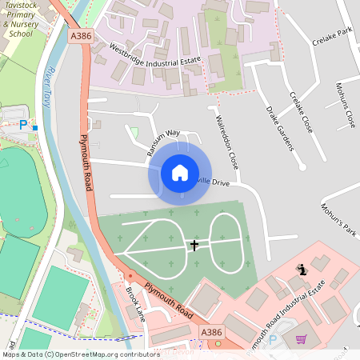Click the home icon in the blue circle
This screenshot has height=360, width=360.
pos(179,172)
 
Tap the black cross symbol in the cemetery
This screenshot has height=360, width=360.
pos(194,246)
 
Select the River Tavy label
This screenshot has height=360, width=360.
pos(55,88)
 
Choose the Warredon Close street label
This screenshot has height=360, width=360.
pos(226,141)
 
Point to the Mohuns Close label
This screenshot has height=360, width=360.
pos(345,104)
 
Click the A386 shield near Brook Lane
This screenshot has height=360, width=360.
pos(211,332)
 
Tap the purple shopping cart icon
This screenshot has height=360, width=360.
pos(301,339)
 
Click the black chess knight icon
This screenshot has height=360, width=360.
pos(301,270)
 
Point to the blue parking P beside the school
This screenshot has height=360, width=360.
pos(23,125)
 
